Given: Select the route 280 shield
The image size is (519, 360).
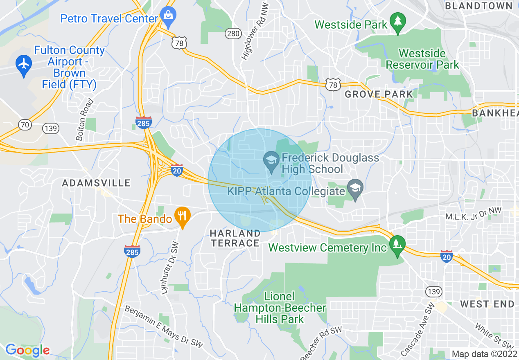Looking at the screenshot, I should pos(233,33).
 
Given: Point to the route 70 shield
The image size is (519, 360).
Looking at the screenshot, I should pos(25,125).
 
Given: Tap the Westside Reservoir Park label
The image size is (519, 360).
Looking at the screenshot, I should pos(422,59).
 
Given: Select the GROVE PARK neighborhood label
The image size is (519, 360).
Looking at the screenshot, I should pos(379,94).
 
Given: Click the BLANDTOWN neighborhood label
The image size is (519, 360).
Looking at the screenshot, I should pos(478,6).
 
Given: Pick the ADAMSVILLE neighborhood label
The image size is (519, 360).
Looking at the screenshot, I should pos(96,183).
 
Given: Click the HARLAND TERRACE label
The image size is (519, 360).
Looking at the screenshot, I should pos(235,238).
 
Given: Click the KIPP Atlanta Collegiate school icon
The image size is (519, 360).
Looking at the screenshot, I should pos(355,189).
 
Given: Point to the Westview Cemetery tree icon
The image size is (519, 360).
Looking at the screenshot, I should pos(397,245).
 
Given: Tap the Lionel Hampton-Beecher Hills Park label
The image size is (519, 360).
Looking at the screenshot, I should pos(280,308).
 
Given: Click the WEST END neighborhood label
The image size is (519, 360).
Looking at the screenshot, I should pos(487,304).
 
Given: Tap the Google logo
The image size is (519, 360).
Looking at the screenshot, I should pos(27,350).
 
